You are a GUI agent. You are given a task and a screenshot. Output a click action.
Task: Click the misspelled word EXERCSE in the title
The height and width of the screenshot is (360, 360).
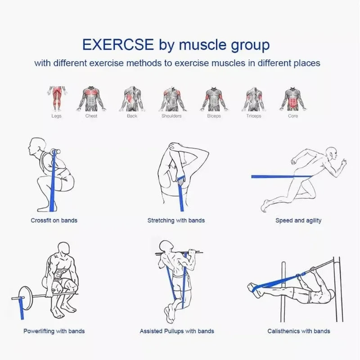118,45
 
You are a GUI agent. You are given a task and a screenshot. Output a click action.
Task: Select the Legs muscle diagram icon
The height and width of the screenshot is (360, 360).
56,98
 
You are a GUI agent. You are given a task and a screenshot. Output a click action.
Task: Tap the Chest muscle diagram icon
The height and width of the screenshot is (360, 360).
91,98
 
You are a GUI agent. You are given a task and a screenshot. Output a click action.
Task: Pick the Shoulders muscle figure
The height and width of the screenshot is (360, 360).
171,98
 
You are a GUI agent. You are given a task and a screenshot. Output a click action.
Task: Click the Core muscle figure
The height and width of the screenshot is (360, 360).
293,98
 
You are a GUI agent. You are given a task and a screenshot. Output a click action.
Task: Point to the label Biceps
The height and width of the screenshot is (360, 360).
214,116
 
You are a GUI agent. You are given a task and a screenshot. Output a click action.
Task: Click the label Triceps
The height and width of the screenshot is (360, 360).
253,116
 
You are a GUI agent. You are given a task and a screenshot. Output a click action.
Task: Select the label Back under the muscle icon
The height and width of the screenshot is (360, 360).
132,116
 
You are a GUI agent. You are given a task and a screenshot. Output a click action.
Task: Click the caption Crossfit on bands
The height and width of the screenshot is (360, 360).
54,220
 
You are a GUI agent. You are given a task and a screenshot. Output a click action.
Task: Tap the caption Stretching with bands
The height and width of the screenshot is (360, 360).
176,220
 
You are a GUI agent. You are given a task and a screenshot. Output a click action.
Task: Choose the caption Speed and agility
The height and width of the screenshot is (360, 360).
298,220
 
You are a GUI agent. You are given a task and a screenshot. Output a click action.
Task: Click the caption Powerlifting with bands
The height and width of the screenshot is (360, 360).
54,331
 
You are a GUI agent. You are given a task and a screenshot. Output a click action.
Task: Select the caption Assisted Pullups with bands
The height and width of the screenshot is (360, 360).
177,331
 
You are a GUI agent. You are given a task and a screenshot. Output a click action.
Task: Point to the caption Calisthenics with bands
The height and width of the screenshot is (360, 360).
299,331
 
